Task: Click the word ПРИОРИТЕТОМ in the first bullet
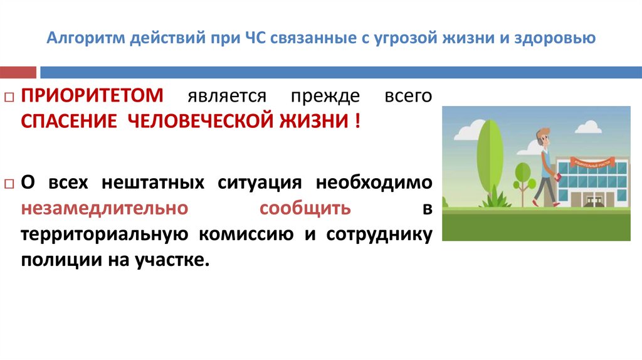coord(93,97)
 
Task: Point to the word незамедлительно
coord(104,208)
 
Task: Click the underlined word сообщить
coord(305,208)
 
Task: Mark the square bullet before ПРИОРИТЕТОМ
coord(9,98)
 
